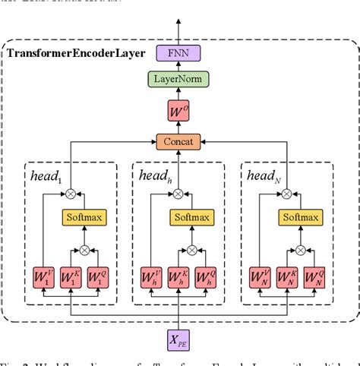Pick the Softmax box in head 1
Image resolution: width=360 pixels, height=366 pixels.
pos(84,218)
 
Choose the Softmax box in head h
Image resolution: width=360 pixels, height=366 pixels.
pos(191,218)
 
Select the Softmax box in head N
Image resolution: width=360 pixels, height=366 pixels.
pos(300,218)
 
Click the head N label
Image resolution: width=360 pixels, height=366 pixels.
pos(265,175)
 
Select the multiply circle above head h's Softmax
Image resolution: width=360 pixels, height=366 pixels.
pos(178,194)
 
